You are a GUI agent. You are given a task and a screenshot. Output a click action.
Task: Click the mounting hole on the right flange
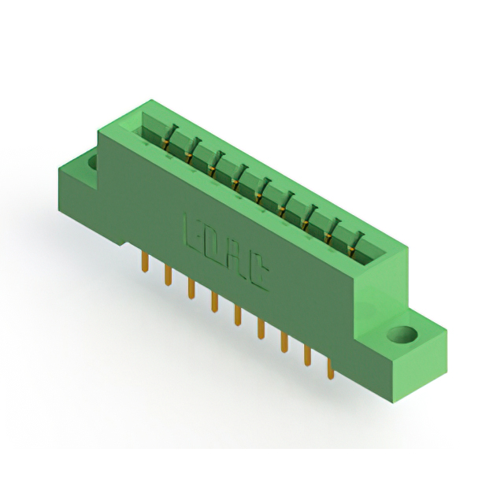tap(402, 335)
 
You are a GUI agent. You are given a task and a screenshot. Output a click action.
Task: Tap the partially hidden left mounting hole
tap(92, 163)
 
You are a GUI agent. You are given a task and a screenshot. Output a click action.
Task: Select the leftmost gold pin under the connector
tap(145, 263)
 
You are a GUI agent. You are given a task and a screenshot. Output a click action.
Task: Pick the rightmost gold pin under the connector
tap(331, 370)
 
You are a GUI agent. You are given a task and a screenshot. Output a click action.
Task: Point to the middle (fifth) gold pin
tap(237, 317)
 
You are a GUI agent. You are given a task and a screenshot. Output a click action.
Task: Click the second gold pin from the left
tap(168, 276)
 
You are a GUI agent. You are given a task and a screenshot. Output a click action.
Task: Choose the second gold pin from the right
tap(308, 357)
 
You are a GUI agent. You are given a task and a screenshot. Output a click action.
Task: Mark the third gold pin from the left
tap(191, 289)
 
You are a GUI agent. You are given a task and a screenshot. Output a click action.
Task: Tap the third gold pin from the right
tap(284, 343)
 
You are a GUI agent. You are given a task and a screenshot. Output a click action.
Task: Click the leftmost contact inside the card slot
tap(165, 142)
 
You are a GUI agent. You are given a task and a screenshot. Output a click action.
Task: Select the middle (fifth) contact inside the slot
tap(261, 188)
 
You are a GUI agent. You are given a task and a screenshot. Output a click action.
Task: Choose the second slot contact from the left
tap(190, 154)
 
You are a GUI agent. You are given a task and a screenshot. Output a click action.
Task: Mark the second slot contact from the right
tap(335, 226)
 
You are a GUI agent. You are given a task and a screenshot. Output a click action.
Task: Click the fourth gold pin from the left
tap(213, 303)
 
